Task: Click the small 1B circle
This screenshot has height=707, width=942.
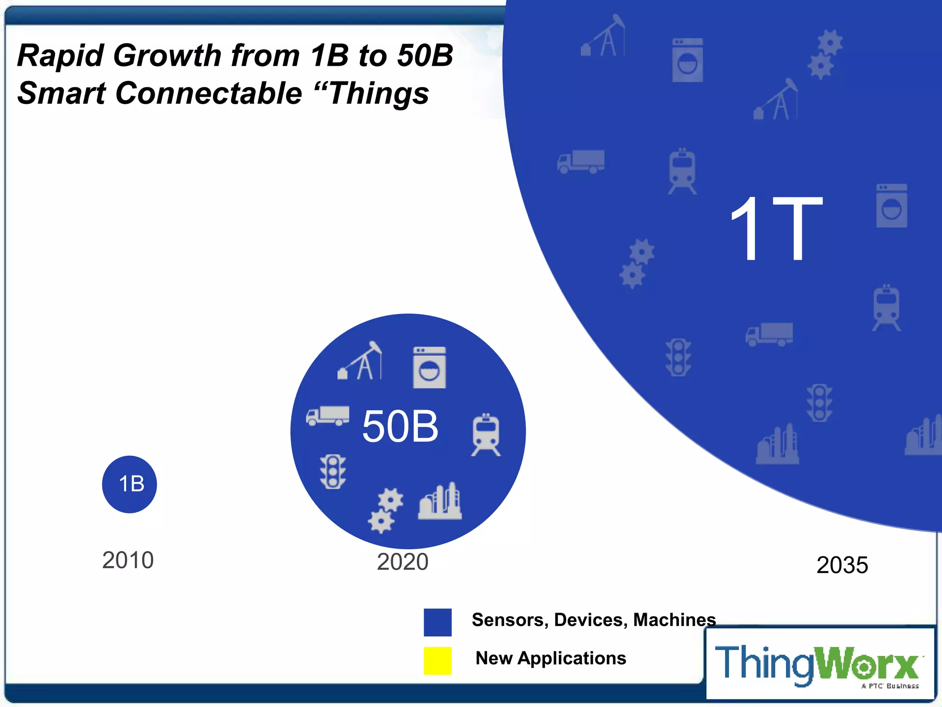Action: click(130, 484)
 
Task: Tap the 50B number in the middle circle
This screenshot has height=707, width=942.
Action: click(400, 427)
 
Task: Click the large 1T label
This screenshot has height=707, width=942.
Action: click(776, 229)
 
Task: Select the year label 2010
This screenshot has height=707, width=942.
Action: click(128, 560)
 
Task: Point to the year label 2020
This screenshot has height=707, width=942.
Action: click(402, 562)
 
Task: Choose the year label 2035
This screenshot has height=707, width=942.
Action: click(842, 565)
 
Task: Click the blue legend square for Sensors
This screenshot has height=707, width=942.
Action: click(437, 622)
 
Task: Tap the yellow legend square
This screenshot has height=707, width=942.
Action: click(437, 661)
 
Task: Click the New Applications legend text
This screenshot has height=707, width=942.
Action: click(551, 658)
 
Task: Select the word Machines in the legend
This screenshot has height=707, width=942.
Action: click(674, 620)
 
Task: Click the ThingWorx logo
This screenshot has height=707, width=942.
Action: click(819, 664)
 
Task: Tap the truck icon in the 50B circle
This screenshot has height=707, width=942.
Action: click(327, 416)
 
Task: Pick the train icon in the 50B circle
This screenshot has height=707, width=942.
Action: click(486, 435)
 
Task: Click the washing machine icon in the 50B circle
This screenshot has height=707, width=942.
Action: click(429, 367)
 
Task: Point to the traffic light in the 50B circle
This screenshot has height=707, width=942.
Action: click(333, 472)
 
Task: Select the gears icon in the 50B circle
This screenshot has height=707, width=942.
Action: click(385, 510)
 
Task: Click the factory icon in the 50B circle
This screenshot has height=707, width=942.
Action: click(440, 502)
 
